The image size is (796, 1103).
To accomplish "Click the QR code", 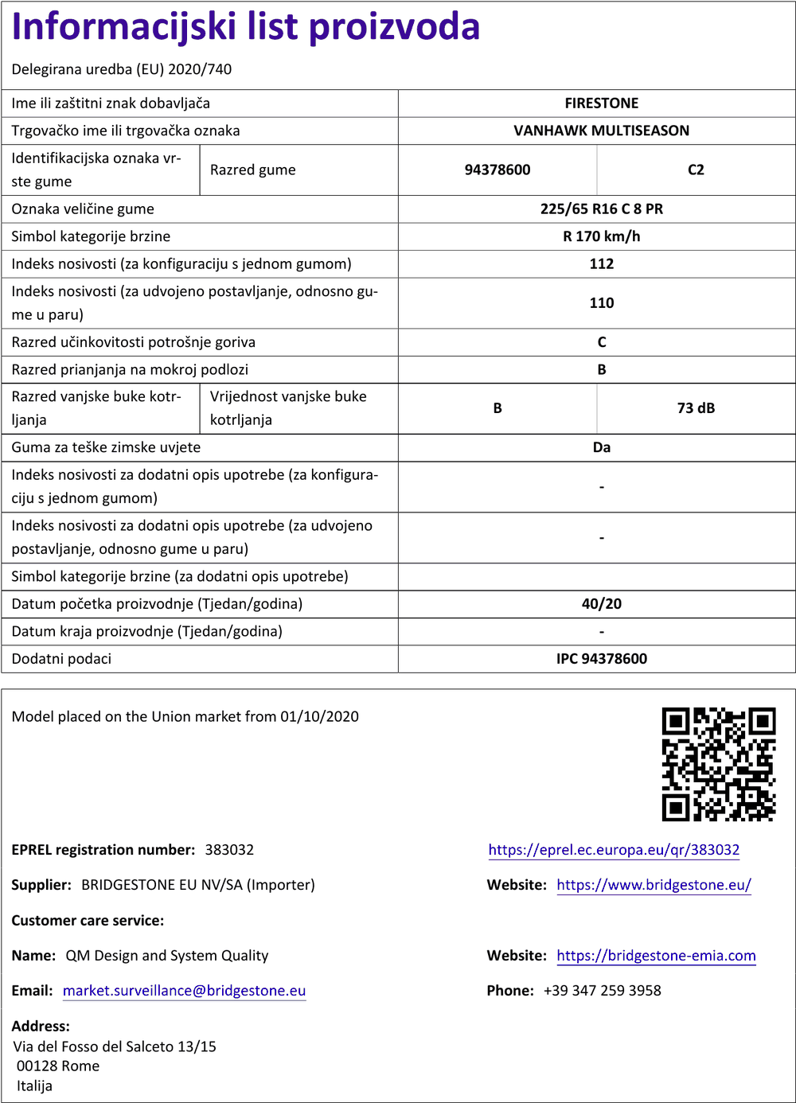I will [x=718, y=764].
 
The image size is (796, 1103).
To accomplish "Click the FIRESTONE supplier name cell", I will [x=601, y=103].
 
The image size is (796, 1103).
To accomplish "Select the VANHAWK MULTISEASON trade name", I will [x=601, y=131].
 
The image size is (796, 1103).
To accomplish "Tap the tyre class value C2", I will [x=696, y=170].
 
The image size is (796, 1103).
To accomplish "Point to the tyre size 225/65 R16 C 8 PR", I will [x=601, y=209].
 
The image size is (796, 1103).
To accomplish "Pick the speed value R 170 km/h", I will [x=601, y=236].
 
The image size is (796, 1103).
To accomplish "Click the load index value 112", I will [x=601, y=264].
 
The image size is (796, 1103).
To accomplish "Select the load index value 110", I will [x=601, y=303].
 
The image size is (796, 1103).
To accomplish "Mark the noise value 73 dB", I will [x=696, y=408].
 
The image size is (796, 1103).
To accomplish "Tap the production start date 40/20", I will [x=601, y=604].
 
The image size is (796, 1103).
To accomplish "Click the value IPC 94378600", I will [x=601, y=659].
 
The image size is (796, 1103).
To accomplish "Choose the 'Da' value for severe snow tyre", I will [x=601, y=447].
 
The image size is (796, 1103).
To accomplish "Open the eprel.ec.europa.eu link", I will [x=614, y=850].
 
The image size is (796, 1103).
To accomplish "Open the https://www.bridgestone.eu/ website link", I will [x=654, y=885].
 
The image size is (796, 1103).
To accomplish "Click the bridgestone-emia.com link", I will [x=656, y=956].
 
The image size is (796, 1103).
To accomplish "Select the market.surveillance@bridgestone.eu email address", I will [x=184, y=991].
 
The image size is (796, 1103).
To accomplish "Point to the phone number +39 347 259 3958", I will [x=602, y=991].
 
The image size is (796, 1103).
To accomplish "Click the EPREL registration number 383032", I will [x=229, y=850].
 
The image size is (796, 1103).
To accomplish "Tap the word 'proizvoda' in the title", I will [x=394, y=27].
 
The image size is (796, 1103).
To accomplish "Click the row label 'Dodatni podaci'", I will [x=61, y=659].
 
